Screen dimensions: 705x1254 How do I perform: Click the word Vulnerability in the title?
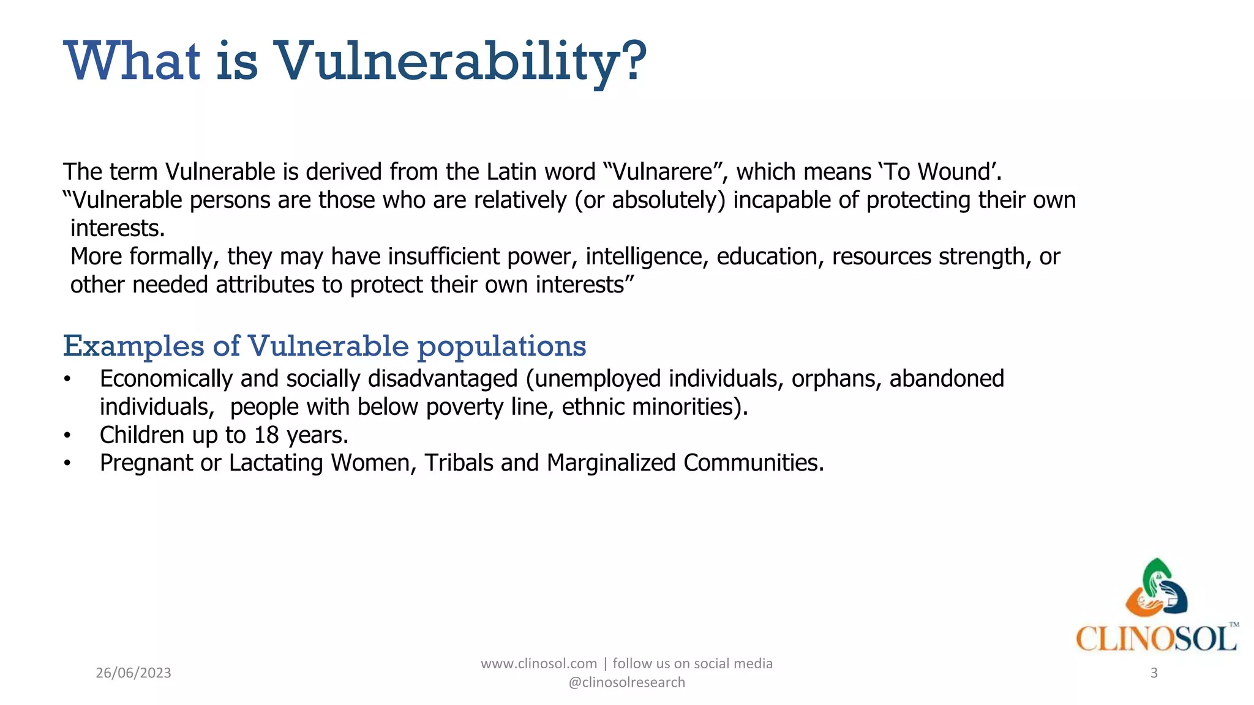pos(459,61)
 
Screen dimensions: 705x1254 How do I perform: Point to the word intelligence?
pos(647,256)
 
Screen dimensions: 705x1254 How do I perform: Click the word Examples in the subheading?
pos(133,346)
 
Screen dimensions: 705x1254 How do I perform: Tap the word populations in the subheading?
pos(501,346)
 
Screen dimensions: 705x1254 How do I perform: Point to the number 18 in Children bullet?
pos(266,435)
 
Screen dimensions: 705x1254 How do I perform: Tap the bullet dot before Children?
pos(67,436)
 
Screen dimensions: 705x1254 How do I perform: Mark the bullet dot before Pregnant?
pos(67,464)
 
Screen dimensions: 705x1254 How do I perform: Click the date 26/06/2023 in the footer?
pos(133,673)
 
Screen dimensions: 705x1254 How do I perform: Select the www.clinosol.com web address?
pos(539,663)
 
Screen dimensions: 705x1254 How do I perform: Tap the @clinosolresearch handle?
pos(627,682)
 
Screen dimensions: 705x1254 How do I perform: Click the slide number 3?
pos(1154,673)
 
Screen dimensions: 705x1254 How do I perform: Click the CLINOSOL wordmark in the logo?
pos(1156,639)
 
